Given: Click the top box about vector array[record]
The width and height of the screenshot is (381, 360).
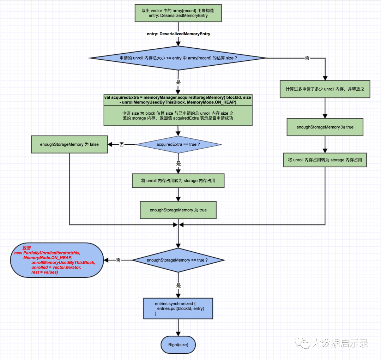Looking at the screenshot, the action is (x=178, y=13).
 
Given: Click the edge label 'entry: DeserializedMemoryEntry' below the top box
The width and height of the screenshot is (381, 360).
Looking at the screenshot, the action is (x=179, y=34).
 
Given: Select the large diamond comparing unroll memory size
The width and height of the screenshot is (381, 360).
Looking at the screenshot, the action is (x=178, y=58).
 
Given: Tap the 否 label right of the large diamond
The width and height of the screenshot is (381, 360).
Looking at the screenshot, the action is (x=307, y=58).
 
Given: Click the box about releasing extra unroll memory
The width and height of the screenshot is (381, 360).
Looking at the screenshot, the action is (x=325, y=89).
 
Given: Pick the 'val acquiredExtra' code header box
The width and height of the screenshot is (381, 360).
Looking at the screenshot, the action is (x=178, y=100).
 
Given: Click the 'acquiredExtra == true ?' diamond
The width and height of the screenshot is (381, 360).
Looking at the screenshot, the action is (x=178, y=144).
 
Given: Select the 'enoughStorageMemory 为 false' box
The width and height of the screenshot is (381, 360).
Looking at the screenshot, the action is (x=69, y=144).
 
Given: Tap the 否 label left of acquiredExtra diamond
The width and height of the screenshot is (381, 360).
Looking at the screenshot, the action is (x=121, y=144).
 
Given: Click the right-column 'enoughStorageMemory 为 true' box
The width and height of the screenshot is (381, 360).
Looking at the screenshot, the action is (x=325, y=127).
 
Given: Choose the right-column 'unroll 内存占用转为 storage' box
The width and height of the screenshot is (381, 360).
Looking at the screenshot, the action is (x=325, y=160).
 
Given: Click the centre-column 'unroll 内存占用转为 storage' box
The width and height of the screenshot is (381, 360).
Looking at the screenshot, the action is (x=178, y=181).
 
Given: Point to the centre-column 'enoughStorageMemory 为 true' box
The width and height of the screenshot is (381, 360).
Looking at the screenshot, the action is (x=178, y=210).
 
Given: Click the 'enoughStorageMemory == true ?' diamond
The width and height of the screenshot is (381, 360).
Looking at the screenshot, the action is (x=178, y=260).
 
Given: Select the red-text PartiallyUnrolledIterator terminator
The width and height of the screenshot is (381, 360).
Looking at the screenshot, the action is (x=57, y=260).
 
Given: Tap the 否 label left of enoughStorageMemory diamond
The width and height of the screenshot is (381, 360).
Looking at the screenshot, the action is (x=118, y=260).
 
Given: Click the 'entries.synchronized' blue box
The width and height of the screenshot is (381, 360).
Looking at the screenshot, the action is (x=178, y=308).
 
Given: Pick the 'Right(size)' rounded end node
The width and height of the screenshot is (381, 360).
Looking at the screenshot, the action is (x=178, y=345).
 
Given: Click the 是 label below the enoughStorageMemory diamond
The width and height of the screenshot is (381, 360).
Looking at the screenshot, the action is (x=179, y=286).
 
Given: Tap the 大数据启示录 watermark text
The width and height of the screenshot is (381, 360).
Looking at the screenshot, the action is (x=340, y=343).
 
